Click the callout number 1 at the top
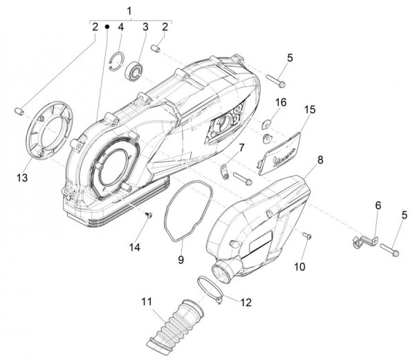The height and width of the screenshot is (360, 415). click(x=128, y=9)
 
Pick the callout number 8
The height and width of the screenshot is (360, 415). click(x=320, y=160)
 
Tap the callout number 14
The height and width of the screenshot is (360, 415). click(x=136, y=247)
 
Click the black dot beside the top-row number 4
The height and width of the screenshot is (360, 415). click(x=107, y=26)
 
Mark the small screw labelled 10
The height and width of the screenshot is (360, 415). click(x=308, y=237)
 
